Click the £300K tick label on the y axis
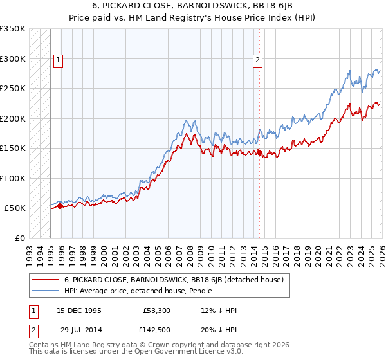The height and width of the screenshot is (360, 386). [13, 59]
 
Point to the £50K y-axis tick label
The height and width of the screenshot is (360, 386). [15, 208]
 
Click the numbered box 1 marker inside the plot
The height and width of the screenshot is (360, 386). [58, 61]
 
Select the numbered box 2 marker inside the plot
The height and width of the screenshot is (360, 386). [257, 61]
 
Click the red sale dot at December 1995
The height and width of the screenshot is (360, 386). [60, 206]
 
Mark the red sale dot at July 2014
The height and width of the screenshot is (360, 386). [259, 153]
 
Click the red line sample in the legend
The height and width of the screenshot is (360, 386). [45, 280]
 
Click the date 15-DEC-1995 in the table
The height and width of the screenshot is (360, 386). [79, 310]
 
